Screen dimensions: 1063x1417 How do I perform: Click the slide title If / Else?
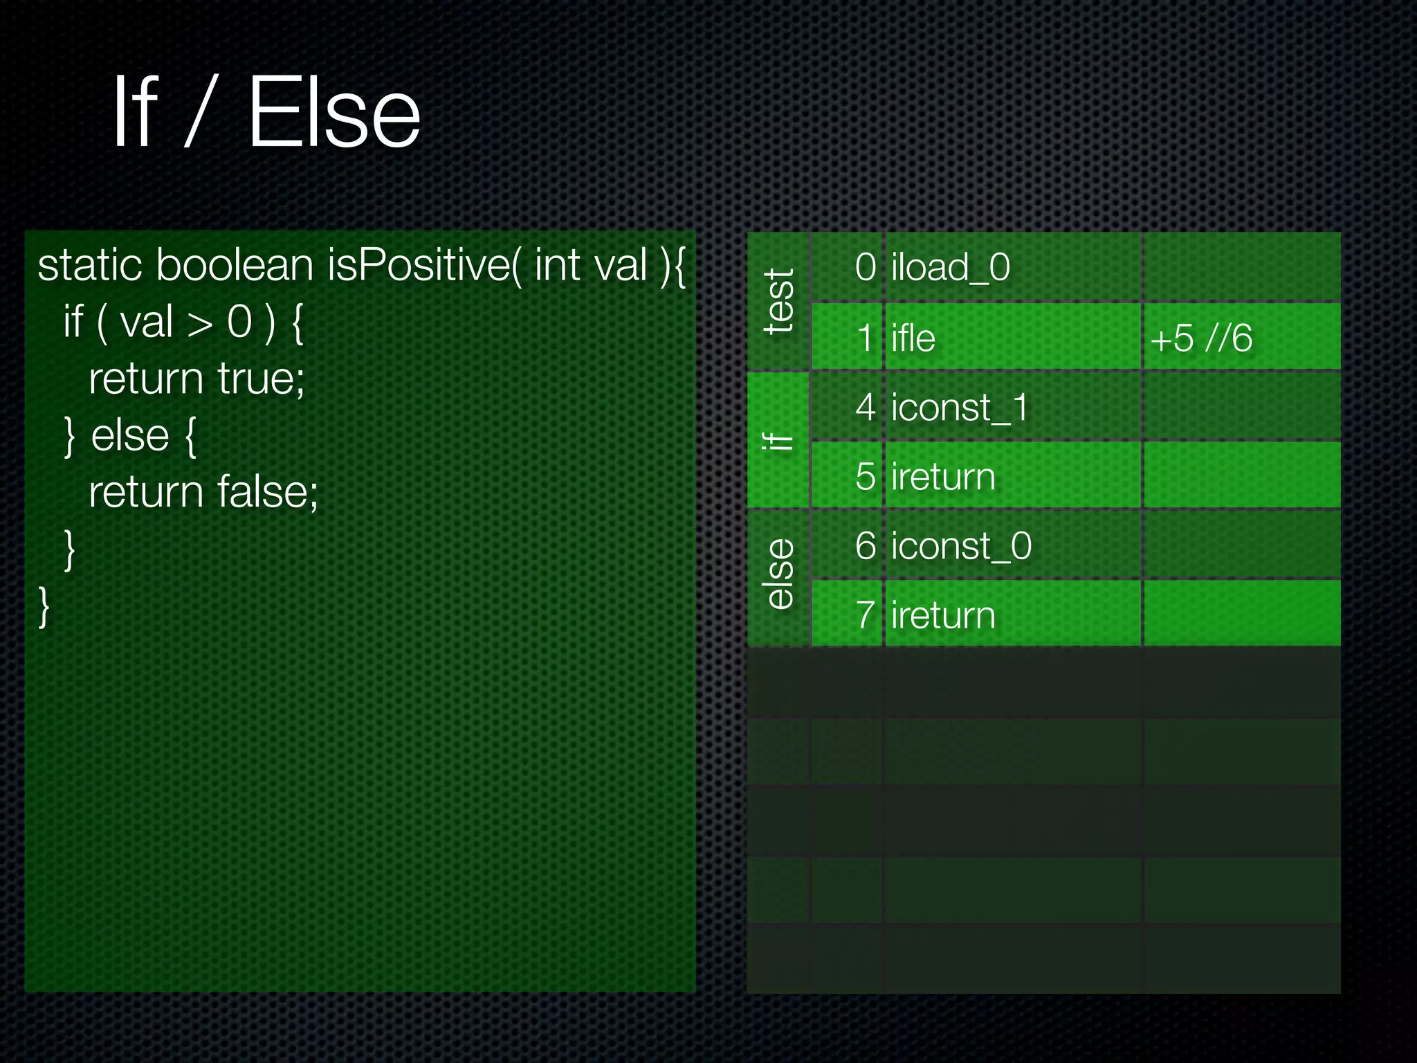[x=266, y=112]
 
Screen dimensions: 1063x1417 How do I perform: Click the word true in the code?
[x=260, y=379]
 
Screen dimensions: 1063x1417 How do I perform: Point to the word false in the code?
[x=267, y=492]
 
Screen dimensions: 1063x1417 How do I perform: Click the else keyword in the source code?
[x=130, y=435]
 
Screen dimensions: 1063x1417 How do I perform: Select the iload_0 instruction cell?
[x=951, y=267]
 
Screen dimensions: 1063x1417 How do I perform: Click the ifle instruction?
[x=913, y=338]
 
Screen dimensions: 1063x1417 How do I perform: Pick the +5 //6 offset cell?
[x=1201, y=338]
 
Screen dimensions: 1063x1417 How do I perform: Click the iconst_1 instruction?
[x=960, y=407]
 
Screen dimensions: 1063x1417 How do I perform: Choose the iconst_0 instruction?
[x=961, y=546]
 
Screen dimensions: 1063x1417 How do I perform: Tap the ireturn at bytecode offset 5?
[x=943, y=477]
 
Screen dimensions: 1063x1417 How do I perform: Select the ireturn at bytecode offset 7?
[x=943, y=615]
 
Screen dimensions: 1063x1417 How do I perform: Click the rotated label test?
[x=779, y=302]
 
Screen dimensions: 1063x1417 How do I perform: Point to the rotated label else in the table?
[x=779, y=574]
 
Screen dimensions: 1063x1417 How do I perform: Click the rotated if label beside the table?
[x=778, y=441]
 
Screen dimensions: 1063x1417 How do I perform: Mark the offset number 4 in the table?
[x=866, y=407]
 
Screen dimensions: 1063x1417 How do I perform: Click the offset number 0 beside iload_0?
[x=866, y=267]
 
